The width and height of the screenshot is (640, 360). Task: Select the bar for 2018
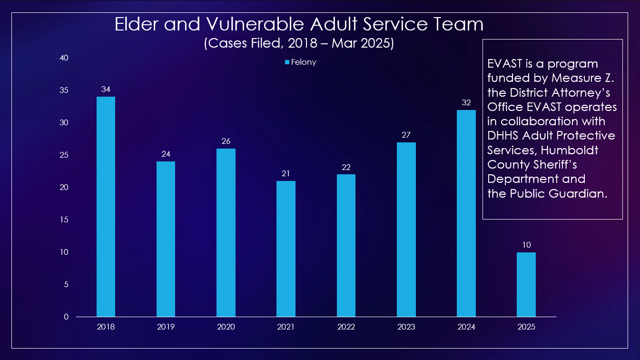106,207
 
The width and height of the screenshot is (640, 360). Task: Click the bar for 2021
286,249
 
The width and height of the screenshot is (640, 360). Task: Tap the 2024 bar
466,213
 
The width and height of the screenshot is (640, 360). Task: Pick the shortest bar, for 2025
526,284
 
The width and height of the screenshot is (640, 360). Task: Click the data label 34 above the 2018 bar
106,90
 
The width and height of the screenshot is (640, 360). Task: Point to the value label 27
406,135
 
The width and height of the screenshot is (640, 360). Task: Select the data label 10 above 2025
526,245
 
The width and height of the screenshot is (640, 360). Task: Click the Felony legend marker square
287,62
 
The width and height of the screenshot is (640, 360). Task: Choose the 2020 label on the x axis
226,327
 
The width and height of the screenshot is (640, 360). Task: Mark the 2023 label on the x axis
406,327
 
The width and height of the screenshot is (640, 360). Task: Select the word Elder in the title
137,25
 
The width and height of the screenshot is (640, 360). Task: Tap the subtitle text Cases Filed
243,44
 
